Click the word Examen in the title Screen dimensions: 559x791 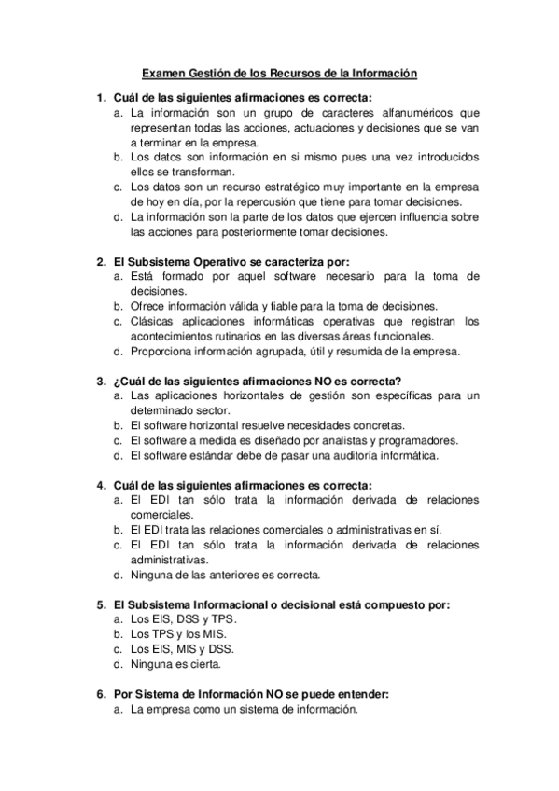tap(161, 72)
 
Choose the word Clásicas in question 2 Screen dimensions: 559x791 tap(153, 322)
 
